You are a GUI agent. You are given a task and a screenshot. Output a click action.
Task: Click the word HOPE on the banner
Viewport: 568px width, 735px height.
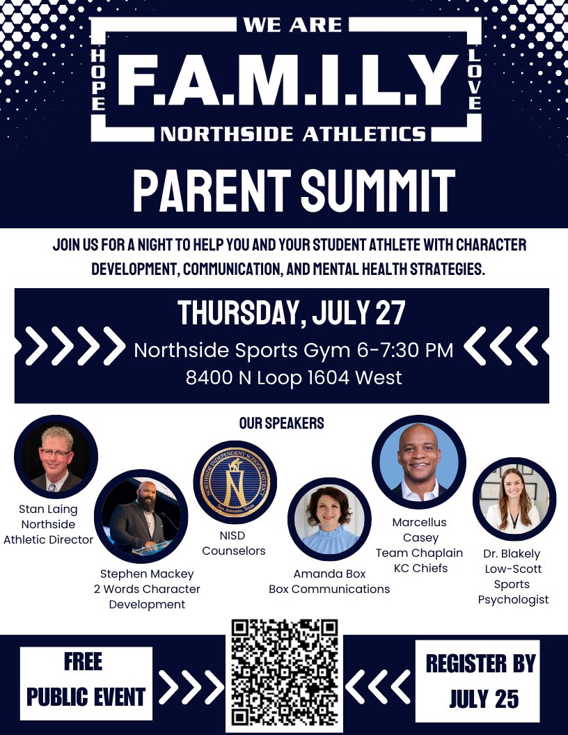(x=98, y=79)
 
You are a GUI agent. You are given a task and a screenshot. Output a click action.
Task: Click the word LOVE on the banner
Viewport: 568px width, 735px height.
(x=475, y=79)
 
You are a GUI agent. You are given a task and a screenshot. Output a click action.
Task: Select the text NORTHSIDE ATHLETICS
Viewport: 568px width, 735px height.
(x=293, y=133)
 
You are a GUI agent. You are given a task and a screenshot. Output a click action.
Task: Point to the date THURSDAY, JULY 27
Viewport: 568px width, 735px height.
(x=291, y=313)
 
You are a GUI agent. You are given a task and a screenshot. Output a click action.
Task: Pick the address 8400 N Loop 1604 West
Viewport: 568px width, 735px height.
(x=293, y=378)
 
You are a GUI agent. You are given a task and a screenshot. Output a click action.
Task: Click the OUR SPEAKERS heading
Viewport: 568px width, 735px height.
(x=281, y=423)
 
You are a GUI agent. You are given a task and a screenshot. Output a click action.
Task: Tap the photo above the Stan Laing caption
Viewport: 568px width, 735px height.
(x=56, y=457)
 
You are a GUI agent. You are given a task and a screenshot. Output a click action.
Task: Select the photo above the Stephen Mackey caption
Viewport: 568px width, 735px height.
(x=141, y=516)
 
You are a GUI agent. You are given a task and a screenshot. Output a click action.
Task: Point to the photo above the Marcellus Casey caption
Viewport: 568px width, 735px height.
(x=418, y=462)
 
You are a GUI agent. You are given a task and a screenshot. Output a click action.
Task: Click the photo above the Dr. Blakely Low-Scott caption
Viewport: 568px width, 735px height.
(x=514, y=498)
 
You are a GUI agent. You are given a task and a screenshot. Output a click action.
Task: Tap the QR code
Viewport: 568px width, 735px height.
(x=285, y=672)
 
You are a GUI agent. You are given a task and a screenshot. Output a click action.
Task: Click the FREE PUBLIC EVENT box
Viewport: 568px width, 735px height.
(x=86, y=683)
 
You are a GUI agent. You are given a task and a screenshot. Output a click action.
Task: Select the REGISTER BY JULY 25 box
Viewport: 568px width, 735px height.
(x=480, y=681)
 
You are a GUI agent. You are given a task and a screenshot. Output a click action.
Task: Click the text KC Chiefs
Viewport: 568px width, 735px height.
(x=420, y=567)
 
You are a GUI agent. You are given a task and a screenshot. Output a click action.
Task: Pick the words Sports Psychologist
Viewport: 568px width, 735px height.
(x=513, y=592)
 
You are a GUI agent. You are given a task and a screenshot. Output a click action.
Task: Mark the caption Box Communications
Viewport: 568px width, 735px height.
(x=329, y=589)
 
